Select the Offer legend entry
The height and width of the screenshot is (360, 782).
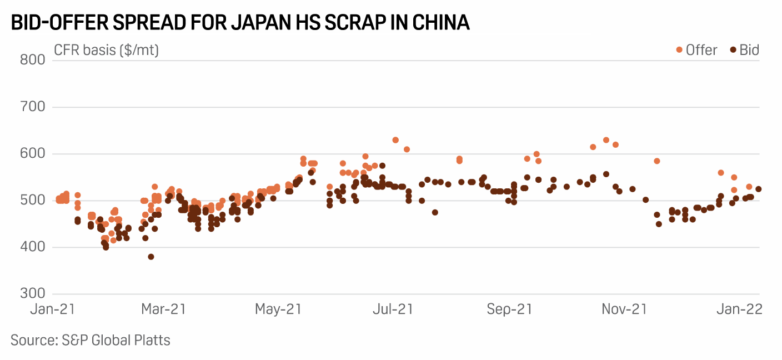tap(696, 50)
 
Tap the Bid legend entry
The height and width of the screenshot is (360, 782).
tap(744, 50)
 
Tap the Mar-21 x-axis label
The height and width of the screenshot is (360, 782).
tap(163, 309)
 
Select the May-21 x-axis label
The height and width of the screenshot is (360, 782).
tap(278, 309)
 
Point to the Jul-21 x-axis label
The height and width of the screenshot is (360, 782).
tap(393, 309)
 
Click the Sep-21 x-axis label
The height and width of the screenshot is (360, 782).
tap(509, 309)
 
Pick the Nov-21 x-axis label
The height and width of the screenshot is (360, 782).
tap(624, 309)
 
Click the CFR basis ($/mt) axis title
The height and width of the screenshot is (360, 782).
tap(107, 50)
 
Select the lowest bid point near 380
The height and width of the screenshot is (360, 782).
tap(151, 257)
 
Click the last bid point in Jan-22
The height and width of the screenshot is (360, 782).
tap(758, 189)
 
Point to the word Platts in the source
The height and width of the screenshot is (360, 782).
tap(151, 339)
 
